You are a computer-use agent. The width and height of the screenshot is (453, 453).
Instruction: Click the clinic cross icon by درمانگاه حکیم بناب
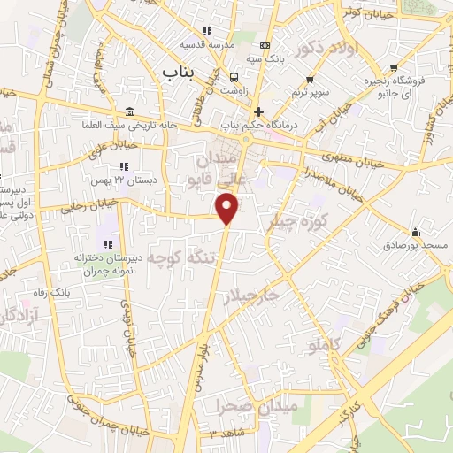[x=257, y=111]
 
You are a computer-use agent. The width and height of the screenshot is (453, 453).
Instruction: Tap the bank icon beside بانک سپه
[x=265, y=47]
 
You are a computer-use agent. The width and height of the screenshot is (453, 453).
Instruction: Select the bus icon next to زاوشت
[x=234, y=76]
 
